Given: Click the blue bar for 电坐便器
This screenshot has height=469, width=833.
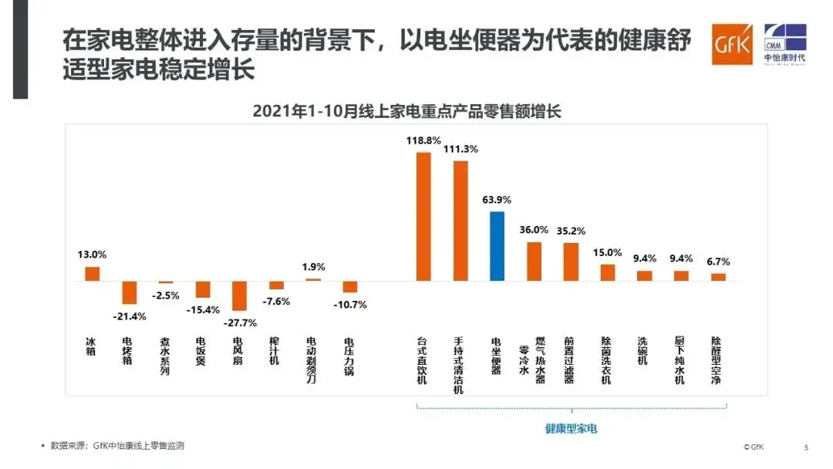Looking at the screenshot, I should coord(497,246).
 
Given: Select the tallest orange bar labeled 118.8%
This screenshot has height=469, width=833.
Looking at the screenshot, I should coord(423,217).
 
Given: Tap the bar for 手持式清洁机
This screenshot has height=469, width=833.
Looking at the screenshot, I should coord(460,221).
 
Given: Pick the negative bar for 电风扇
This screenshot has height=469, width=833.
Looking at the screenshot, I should coord(239,295).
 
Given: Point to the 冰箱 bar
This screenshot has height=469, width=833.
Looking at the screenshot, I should coord(93,274).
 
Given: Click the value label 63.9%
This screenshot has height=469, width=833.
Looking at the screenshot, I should coord(497,200).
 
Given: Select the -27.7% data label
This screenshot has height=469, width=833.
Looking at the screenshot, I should coord(239,322).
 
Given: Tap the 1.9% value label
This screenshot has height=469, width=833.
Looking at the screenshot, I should coord(314,266).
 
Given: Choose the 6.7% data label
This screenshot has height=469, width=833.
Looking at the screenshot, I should coord(717,261).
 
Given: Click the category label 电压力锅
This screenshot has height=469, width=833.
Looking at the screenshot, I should coord(349,356).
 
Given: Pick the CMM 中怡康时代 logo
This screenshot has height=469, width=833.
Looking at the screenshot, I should coord(784,45).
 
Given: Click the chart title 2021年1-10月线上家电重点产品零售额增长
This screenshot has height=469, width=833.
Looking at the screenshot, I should coord(406,111).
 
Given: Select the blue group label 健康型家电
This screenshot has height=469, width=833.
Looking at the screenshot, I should coord(572,428).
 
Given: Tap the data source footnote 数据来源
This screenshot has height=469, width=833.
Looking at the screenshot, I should coord(116,446).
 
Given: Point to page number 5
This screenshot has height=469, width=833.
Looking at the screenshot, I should coord(806,447).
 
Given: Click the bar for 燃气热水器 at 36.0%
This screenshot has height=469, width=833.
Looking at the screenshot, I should coord(534,261).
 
